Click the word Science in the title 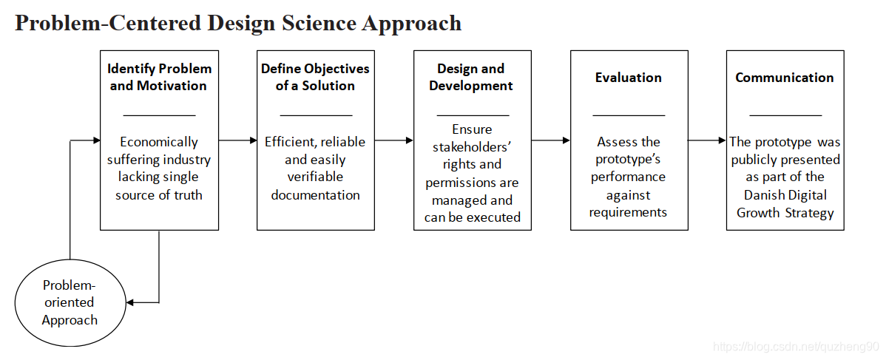(x=317, y=23)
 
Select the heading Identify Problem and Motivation (x=159, y=77)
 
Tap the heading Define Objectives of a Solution (x=315, y=77)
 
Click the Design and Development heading (x=471, y=77)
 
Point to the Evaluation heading (x=629, y=78)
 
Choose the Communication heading (x=784, y=78)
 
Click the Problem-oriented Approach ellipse (x=70, y=302)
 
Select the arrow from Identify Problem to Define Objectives (x=237, y=140)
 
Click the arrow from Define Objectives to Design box (x=394, y=140)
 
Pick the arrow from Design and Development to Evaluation (x=551, y=140)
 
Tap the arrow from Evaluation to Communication (x=707, y=140)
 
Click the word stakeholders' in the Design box (x=472, y=146)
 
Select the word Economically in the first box (x=159, y=142)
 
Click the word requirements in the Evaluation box (x=629, y=212)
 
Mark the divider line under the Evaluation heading (x=629, y=115)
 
